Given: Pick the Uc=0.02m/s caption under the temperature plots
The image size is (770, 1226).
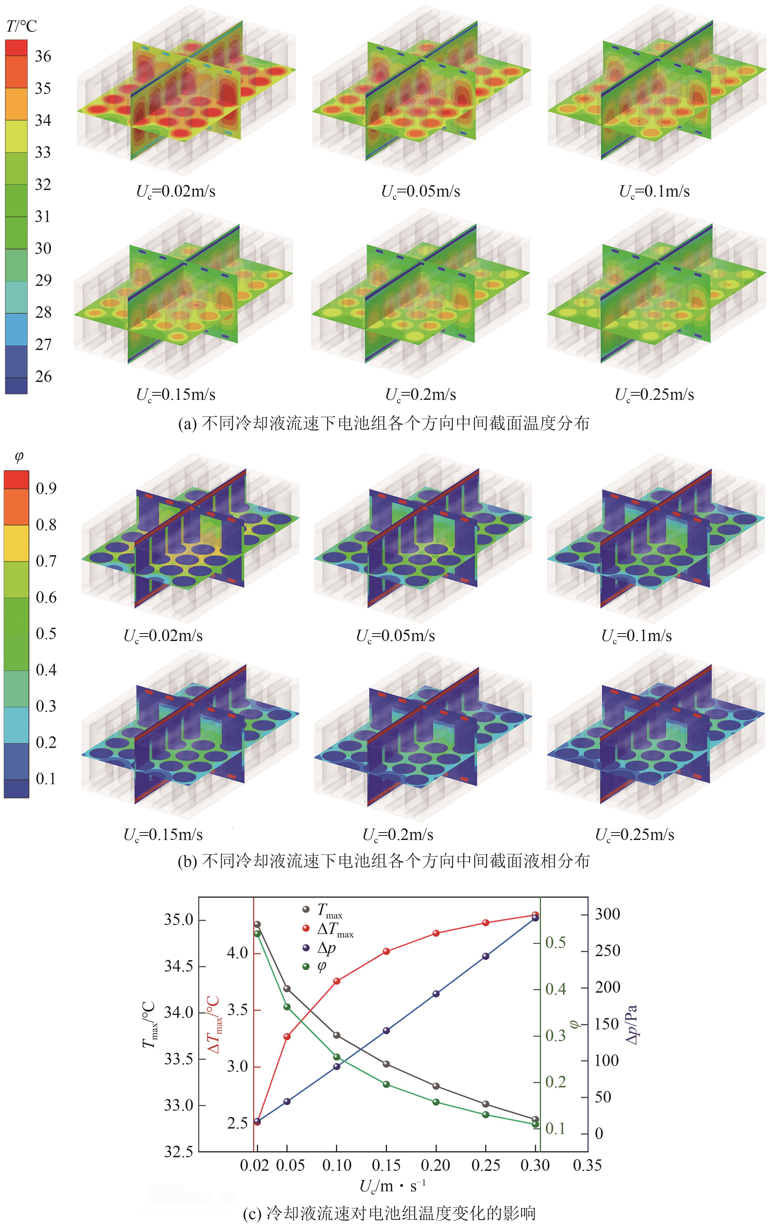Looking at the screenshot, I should tap(176, 191).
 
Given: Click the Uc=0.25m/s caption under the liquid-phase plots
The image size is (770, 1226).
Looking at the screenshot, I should tap(635, 835).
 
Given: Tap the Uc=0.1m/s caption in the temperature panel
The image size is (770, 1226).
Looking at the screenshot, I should tap(654, 191).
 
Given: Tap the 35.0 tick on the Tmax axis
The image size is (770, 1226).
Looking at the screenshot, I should tap(178, 920).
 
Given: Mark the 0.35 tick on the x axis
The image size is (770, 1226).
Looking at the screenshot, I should tap(587, 1165).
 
